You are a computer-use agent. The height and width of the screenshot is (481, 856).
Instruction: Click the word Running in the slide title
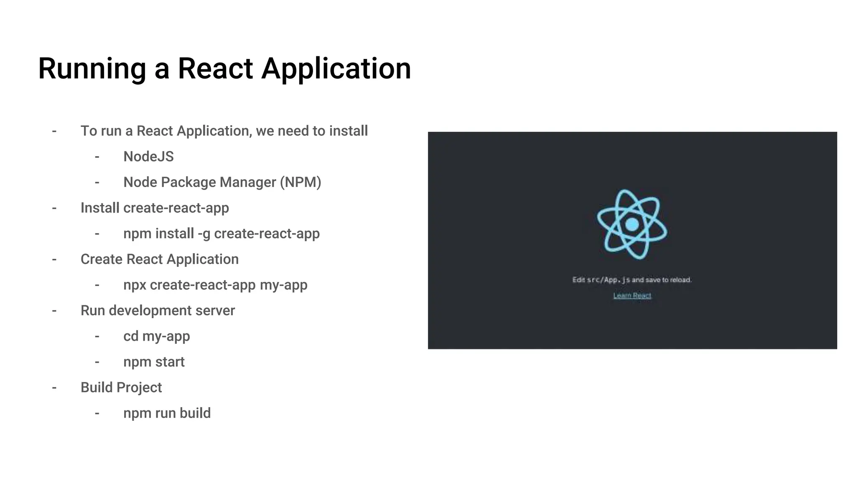(x=92, y=69)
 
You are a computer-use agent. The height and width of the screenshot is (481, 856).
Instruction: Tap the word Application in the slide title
(x=336, y=69)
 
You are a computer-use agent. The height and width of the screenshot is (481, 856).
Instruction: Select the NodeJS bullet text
(x=148, y=157)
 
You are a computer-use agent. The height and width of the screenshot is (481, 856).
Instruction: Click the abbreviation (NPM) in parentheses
(x=301, y=182)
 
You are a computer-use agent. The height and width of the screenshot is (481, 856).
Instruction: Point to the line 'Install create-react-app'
(x=155, y=208)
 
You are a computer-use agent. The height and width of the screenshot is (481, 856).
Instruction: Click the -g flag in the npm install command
(x=204, y=234)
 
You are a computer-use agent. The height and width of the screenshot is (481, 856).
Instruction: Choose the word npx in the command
(x=135, y=285)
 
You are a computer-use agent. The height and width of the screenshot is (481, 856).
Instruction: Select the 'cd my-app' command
(x=156, y=336)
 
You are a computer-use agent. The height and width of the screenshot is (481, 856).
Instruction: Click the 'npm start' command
(x=154, y=362)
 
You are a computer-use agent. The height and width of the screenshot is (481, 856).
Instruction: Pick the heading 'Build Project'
(x=121, y=387)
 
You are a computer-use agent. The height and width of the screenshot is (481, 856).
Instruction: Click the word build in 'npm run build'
(x=195, y=413)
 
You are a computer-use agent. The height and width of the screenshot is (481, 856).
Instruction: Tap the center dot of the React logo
(x=632, y=225)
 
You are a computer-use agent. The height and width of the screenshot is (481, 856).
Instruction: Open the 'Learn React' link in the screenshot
(x=632, y=296)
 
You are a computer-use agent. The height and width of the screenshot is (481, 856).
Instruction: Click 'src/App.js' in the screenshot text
(x=608, y=280)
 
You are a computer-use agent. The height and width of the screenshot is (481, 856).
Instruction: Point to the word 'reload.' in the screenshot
(x=680, y=280)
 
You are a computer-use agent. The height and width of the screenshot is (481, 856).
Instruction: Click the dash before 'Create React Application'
(x=54, y=259)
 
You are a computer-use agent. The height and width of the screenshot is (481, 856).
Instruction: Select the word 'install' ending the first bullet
(x=348, y=131)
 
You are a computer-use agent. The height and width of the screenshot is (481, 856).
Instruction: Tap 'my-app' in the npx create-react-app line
(x=283, y=285)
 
